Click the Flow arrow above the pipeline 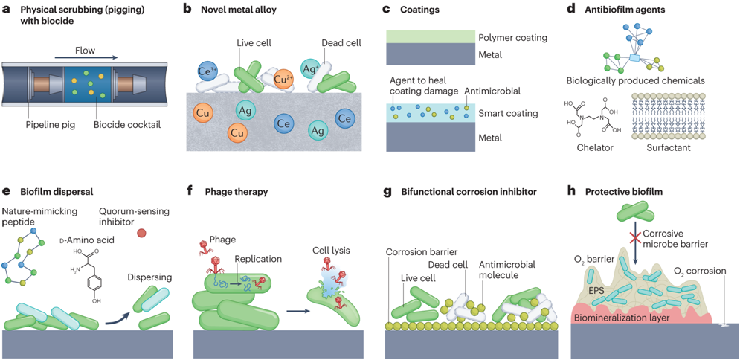86,57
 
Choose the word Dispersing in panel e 149,277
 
